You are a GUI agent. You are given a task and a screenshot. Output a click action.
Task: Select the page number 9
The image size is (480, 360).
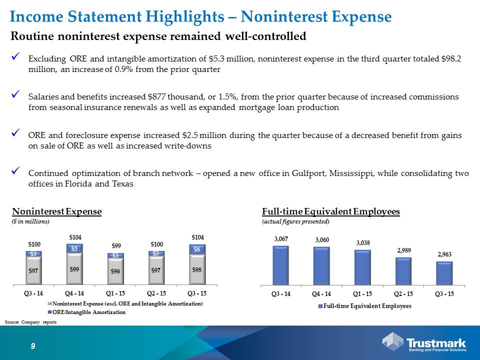pos(33,346)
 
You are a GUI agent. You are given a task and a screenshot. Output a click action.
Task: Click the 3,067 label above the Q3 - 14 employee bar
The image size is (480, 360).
pos(281,239)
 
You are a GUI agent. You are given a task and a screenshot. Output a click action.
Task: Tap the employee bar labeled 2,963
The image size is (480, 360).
pos(444,273)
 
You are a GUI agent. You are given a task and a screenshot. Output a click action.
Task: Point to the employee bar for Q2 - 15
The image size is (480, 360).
pos(403,271)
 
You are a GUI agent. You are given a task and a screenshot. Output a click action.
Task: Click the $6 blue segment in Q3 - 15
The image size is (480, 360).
pos(197,249)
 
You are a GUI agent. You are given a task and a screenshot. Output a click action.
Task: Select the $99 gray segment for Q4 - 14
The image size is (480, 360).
pos(74,269)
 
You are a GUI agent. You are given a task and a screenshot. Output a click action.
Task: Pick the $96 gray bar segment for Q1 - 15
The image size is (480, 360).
pos(115,271)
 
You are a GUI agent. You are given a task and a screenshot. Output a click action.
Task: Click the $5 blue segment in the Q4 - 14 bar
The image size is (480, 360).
pos(74,248)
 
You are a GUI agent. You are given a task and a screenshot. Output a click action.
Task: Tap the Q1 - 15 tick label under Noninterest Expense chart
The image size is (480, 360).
pos(115,293)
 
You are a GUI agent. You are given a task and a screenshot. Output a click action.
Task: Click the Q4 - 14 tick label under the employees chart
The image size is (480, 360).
pos(321,294)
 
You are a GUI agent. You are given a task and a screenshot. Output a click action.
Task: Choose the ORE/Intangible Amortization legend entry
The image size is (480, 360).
pos(86,312)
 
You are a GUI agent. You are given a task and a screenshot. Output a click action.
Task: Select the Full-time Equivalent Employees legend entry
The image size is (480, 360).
pos(365,306)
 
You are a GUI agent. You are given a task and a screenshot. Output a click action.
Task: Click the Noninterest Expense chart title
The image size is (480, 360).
pos(56,211)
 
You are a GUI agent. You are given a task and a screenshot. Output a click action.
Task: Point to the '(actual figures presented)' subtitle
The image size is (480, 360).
pos(295,221)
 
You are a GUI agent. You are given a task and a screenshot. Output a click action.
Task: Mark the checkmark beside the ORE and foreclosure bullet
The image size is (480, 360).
pos(15,133)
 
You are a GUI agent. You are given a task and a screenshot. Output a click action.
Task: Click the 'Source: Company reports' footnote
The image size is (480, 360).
pos(30,322)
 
